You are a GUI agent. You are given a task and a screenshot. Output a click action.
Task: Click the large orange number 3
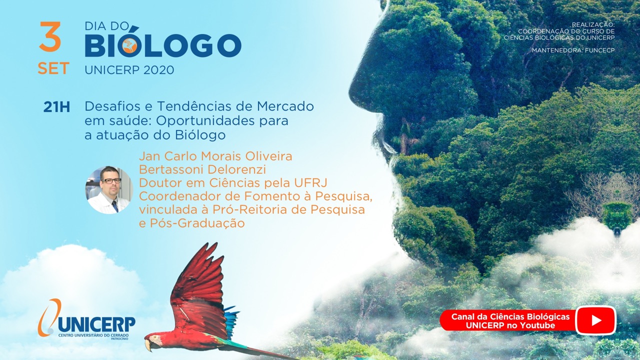click(50, 36)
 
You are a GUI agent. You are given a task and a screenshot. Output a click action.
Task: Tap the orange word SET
click(53, 68)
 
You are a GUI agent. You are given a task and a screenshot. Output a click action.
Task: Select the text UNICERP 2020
click(129, 70)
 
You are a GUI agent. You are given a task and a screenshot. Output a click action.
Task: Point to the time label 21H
click(56, 107)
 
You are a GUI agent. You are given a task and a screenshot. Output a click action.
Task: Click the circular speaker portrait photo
click(109, 190)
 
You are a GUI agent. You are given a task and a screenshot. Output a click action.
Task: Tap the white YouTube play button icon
click(595, 320)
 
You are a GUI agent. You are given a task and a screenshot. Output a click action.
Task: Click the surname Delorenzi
click(236, 169)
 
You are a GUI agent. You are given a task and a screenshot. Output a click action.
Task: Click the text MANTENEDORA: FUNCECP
click(573, 50)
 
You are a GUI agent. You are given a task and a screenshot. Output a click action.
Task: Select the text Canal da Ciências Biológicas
click(510, 316)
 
